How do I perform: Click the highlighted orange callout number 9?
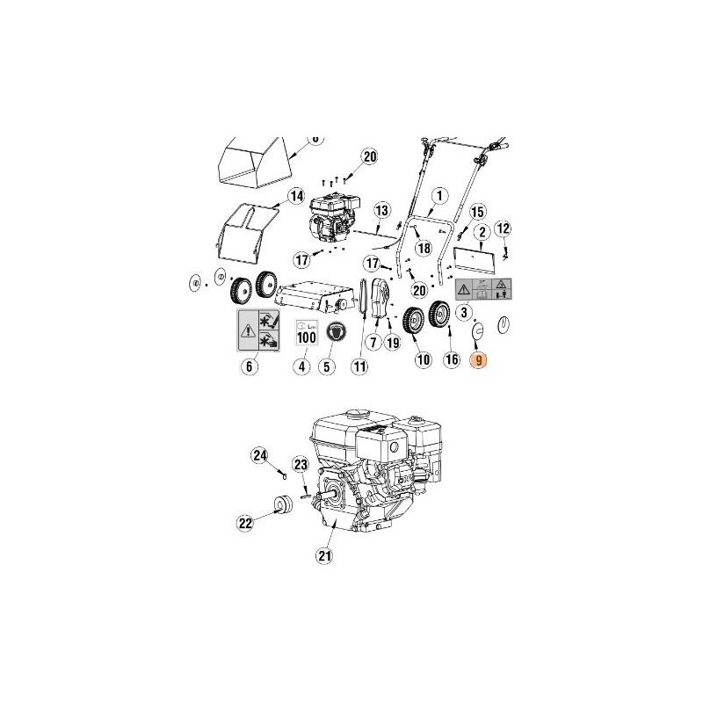[478, 359]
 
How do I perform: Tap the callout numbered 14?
[295, 195]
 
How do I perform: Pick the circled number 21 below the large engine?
[326, 554]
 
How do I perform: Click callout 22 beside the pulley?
[245, 523]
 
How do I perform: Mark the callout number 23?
[301, 464]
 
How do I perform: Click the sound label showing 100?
[306, 332]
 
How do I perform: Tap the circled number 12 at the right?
[503, 228]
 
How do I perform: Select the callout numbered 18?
[424, 249]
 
